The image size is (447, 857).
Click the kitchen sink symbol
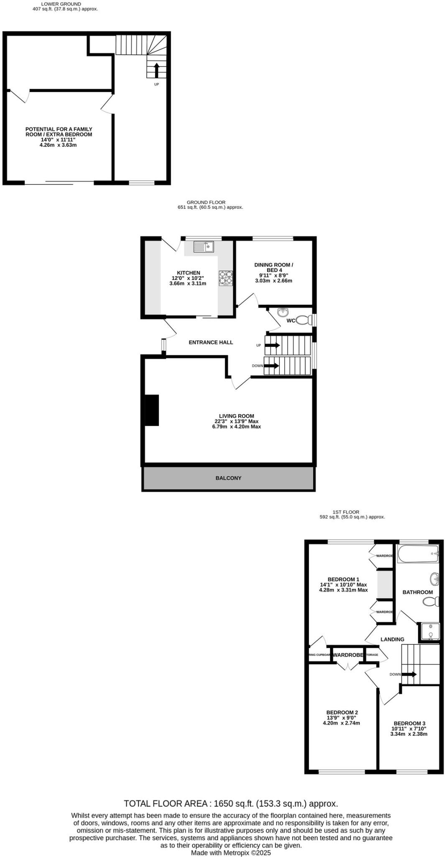tap(203, 247)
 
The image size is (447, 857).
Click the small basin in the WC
tap(283, 312)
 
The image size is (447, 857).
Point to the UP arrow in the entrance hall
tap(272, 345)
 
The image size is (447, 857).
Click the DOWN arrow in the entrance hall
tap(271, 366)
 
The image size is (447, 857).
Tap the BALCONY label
tap(228, 478)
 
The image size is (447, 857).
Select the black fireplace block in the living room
tap(151, 410)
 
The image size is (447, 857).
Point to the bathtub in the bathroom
tap(417, 554)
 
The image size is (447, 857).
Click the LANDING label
tap(392, 639)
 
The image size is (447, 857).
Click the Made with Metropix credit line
tap(231, 852)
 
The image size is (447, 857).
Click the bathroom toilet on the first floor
tap(430, 601)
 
